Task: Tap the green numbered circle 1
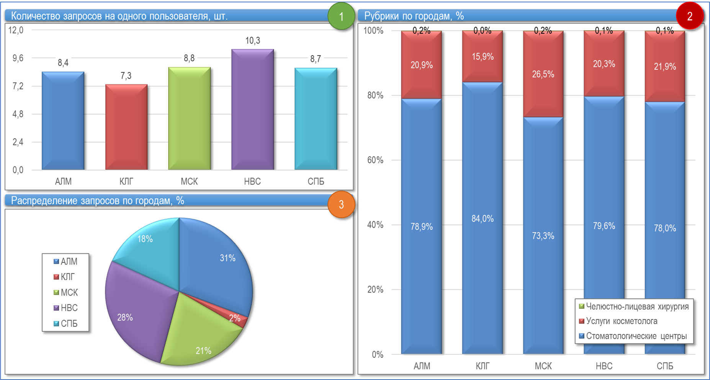[x=341, y=16]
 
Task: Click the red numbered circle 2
[x=689, y=16]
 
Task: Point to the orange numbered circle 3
[x=341, y=204]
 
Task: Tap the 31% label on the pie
[x=227, y=258]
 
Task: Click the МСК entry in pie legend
[x=69, y=293]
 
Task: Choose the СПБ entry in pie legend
[x=69, y=324]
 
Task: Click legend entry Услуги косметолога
[x=621, y=321]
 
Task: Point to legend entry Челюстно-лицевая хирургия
[x=637, y=307]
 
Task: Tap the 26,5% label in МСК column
[x=543, y=74]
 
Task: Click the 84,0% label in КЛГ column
[x=482, y=219]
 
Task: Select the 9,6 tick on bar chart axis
[x=18, y=58]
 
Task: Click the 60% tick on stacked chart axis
[x=375, y=160]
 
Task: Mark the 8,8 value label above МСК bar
[x=189, y=58]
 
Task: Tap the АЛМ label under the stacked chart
[x=422, y=366]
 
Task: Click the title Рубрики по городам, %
[x=414, y=16]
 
